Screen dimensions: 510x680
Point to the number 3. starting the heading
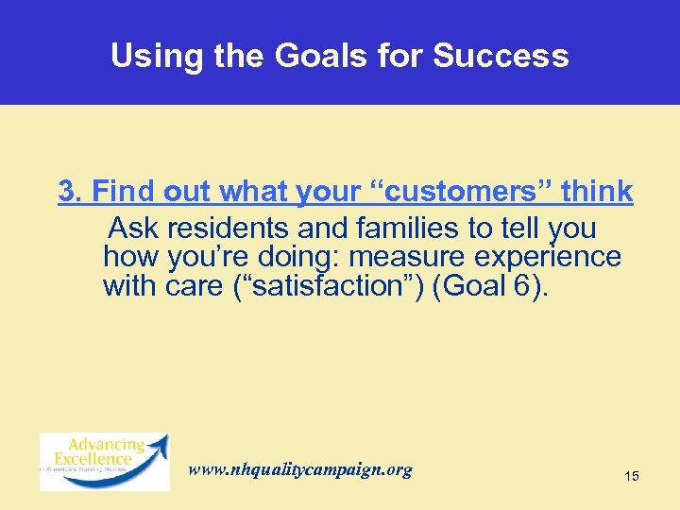(71, 192)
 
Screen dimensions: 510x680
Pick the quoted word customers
(448, 192)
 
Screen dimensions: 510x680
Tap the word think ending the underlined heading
(596, 192)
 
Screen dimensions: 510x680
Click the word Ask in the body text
(130, 229)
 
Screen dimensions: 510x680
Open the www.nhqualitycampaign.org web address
(300, 469)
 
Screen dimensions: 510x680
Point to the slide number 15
(632, 476)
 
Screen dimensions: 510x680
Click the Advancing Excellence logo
(104, 461)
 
